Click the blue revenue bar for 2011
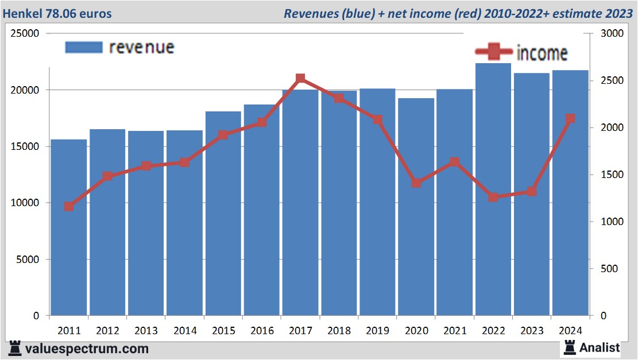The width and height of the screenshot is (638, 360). pos(69,230)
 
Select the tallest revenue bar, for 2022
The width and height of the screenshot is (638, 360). pos(493,189)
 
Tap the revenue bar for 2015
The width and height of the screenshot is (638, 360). pos(223,218)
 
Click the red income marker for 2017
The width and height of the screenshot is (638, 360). pos(300,79)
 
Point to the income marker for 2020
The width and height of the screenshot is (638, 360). pos(416,183)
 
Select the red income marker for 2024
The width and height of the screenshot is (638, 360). pos(570,119)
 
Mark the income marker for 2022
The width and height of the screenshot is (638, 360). pos(493,198)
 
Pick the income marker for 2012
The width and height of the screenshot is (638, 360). pos(107,176)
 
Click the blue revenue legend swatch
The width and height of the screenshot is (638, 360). pos(84,47)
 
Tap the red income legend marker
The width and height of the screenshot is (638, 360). pos(493,52)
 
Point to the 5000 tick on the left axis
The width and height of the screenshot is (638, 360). pos(28,260)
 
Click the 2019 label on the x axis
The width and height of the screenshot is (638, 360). pos(377,331)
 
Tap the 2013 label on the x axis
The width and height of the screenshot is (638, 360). pos(146,331)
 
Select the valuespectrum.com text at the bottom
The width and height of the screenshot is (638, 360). pos(87,349)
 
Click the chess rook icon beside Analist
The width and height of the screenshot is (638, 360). pos(570,347)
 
